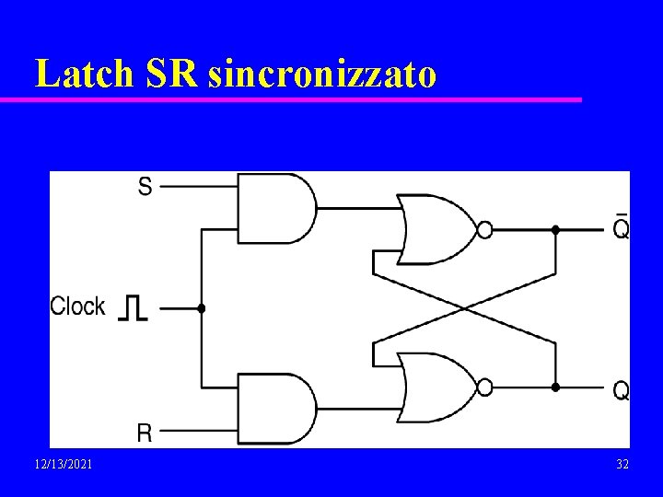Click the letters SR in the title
[x=170, y=74]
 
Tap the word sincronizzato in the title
[x=322, y=74]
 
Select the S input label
[x=145, y=187]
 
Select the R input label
[x=145, y=432]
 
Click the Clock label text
[x=77, y=306]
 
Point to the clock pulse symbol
[x=133, y=308]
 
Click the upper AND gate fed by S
[x=274, y=208]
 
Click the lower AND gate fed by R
[x=274, y=408]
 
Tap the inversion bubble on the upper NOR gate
[x=485, y=229]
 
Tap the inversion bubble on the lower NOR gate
[x=485, y=387]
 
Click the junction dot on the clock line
[x=202, y=309]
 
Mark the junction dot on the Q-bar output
[x=555, y=229]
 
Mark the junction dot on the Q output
[x=555, y=387]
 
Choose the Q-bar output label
[x=622, y=226]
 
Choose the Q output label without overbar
[x=622, y=391]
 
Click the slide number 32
[x=622, y=465]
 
